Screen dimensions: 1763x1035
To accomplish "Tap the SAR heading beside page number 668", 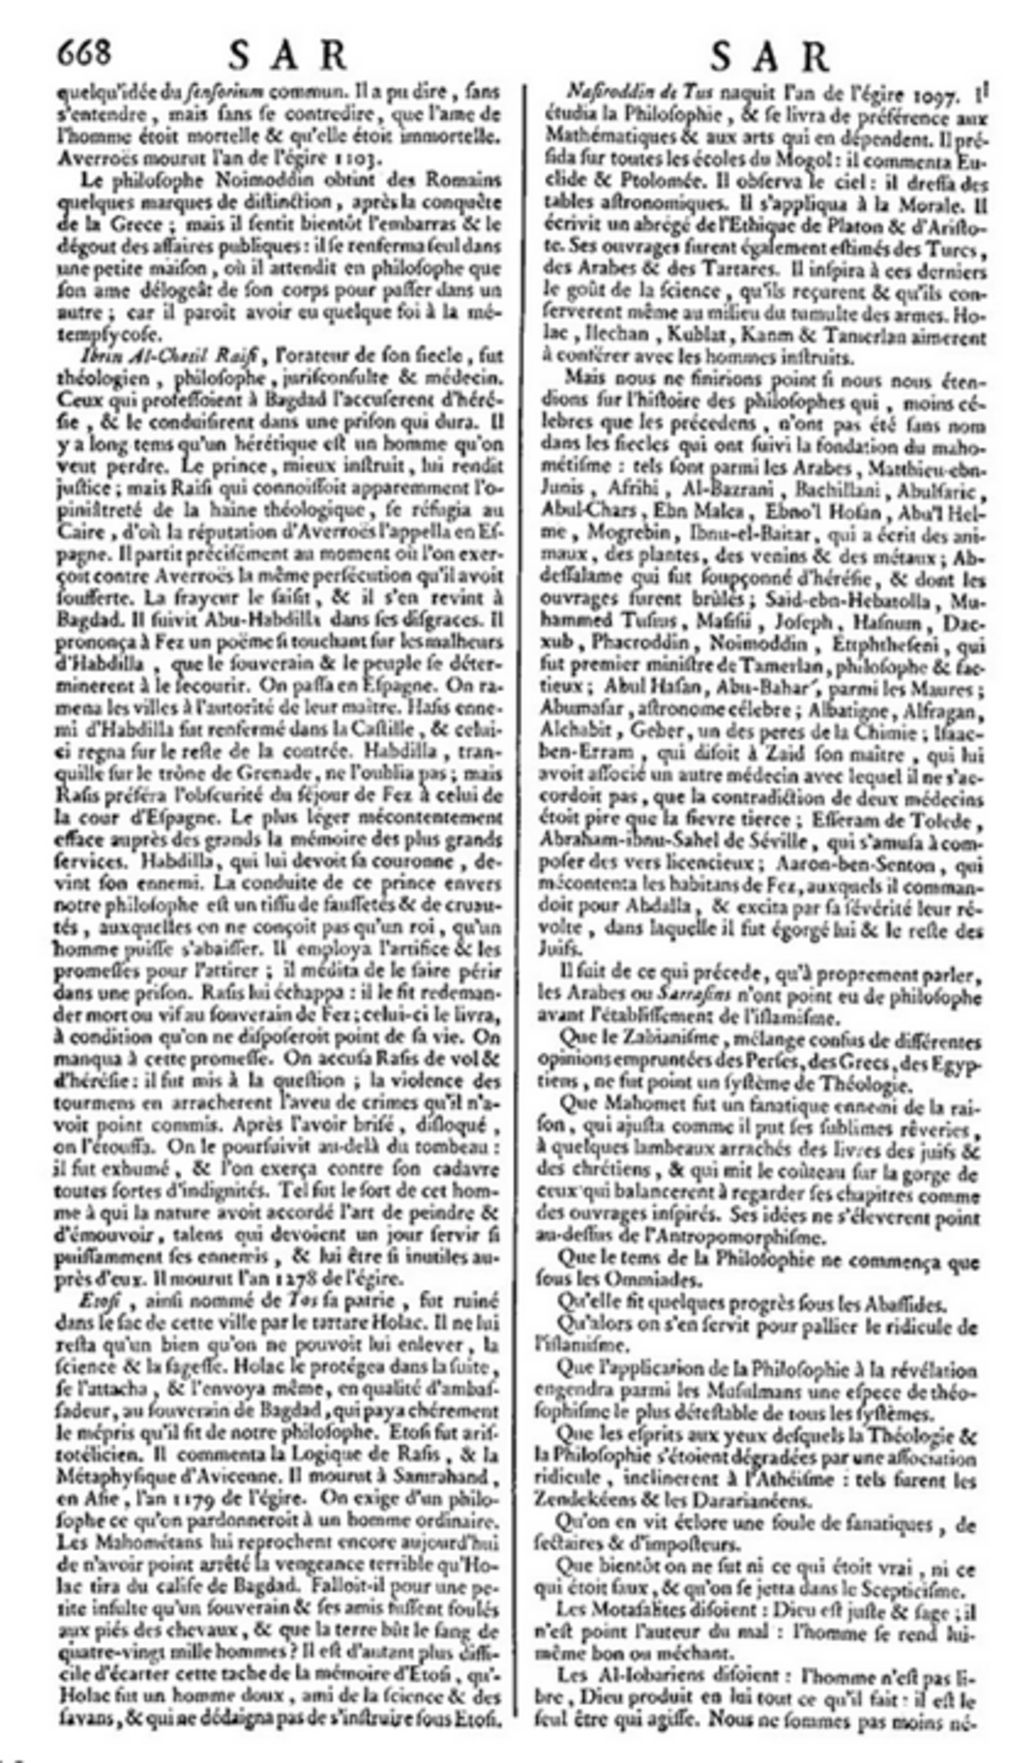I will (x=288, y=56).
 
